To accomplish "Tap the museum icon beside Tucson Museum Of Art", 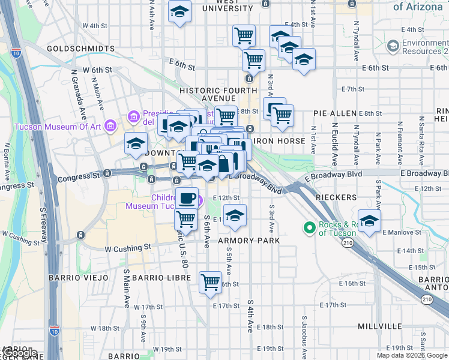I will tap(110, 126).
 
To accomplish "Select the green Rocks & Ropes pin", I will tap(309, 227).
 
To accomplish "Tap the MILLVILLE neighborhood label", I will tap(379, 326).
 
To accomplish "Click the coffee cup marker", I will tap(187, 198).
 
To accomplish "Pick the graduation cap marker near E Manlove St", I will tap(369, 220).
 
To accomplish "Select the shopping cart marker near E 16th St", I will tap(211, 281).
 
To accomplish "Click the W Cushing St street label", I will tap(127, 248).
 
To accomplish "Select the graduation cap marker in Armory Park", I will tap(235, 215).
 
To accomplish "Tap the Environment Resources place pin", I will tap(393, 46).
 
